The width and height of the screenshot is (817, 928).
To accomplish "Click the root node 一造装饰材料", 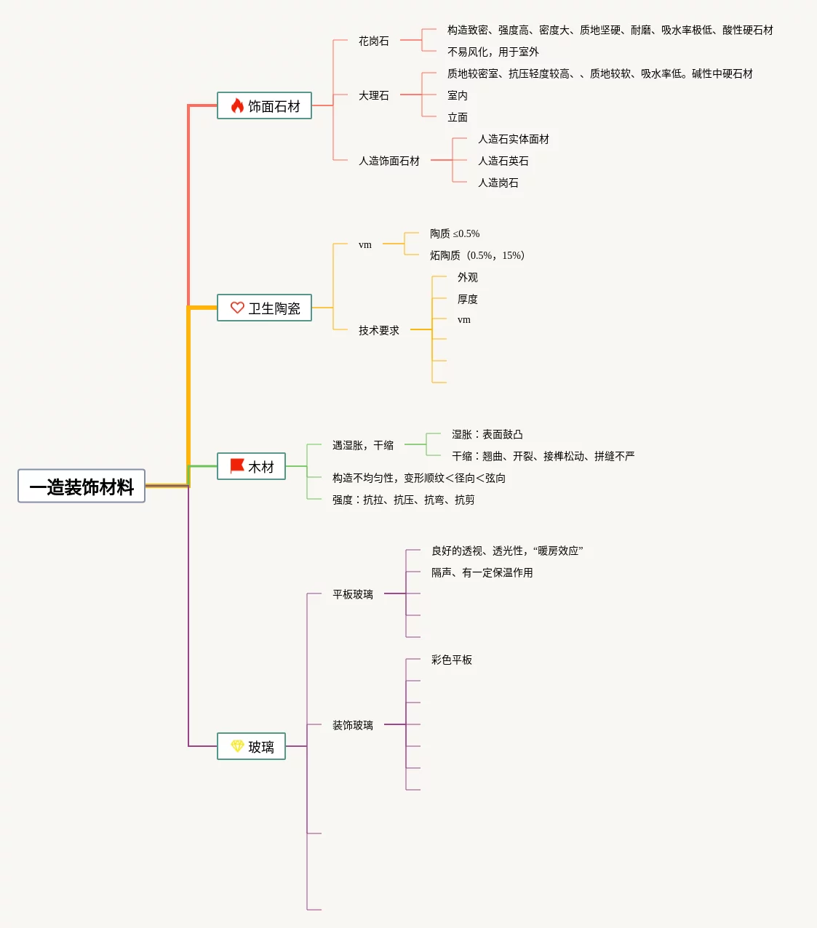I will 81,487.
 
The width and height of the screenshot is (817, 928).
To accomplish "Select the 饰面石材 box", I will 265,106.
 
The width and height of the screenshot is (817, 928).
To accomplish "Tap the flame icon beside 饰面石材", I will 237,106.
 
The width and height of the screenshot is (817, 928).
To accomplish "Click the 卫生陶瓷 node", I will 265,308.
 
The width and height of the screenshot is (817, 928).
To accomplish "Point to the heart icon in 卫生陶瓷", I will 237,308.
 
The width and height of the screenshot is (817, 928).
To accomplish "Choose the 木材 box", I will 252,467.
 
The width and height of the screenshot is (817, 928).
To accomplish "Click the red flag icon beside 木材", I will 237,466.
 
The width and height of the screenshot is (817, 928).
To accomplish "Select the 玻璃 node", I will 252,747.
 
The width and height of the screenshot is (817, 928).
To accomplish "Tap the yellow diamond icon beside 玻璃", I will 237,746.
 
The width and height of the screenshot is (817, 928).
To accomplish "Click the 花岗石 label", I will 374,41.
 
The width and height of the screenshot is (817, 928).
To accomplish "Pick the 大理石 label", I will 374,96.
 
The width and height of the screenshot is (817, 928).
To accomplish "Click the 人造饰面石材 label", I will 389,161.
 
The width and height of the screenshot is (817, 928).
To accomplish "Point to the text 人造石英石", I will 503,161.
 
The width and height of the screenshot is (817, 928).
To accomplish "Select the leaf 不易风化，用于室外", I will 493,52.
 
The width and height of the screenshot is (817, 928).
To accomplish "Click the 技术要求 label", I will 379,331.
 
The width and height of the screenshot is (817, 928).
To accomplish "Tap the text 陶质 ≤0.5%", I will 455,234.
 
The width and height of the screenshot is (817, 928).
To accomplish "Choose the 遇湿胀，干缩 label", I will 363,446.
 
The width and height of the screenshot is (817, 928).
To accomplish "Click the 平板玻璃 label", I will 353,595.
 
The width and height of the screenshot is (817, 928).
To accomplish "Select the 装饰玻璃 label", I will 353,726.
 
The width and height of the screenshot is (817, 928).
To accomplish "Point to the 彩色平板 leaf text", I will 452,660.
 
